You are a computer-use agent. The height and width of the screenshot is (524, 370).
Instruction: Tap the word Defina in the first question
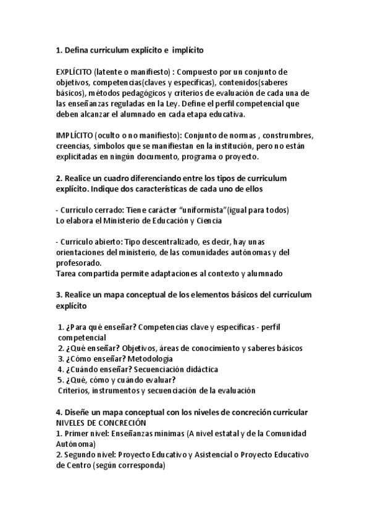click(x=78, y=49)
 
